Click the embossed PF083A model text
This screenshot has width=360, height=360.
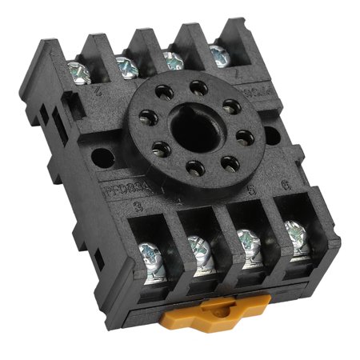pos(123,192)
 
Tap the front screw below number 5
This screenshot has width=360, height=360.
pos(248,241)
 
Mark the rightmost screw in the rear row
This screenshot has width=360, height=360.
pos(217,54)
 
